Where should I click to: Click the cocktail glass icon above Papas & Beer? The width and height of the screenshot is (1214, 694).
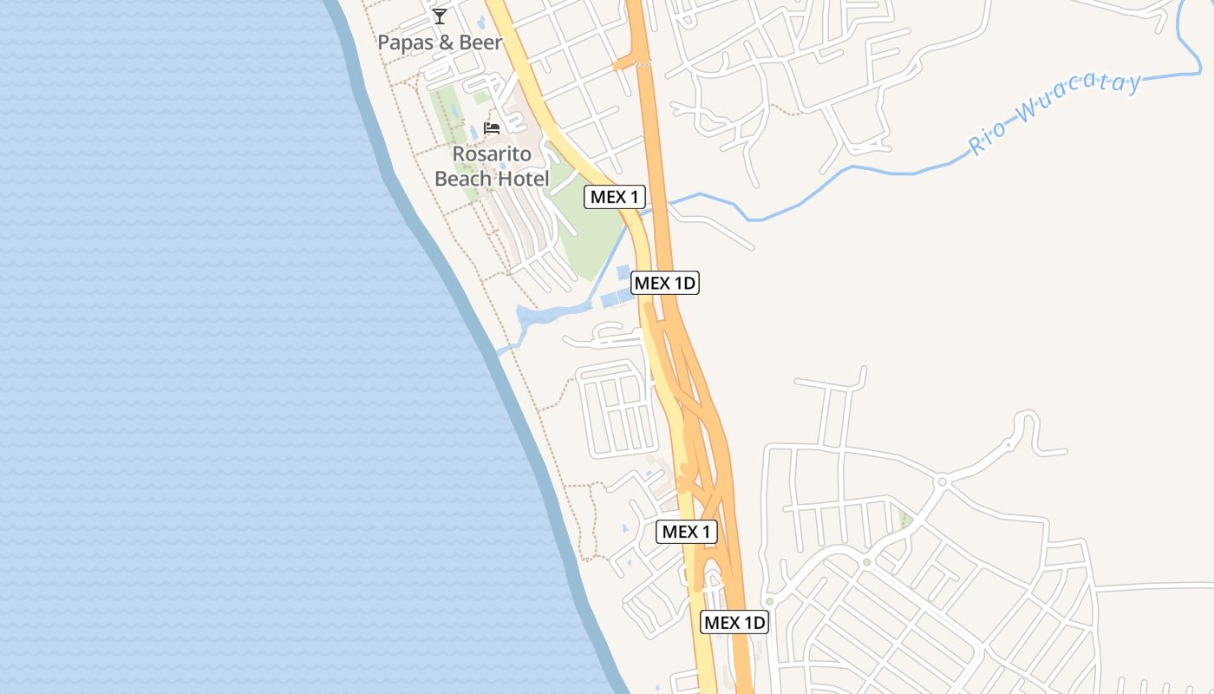pos(440,16)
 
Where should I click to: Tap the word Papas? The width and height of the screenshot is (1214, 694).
pos(404,42)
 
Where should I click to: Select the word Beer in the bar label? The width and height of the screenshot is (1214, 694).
pos(480,42)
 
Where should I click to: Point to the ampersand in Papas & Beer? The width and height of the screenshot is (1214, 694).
pos(444,42)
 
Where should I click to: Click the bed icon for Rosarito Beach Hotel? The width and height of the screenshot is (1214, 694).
pos(492,128)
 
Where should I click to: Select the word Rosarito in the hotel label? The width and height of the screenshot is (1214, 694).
pos(492,154)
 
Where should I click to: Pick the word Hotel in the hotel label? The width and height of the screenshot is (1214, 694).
pos(523,180)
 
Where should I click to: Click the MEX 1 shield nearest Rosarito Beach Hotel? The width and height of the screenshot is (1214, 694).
pos(615,197)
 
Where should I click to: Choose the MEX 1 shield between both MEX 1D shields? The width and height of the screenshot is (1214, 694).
pos(687,532)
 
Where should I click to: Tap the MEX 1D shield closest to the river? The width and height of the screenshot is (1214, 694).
pos(665,283)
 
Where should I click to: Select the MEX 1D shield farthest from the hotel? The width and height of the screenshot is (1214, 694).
pos(734,622)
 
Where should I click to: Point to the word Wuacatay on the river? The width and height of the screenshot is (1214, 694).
pos(1080,97)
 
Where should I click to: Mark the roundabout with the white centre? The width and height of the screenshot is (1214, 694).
pos(942,481)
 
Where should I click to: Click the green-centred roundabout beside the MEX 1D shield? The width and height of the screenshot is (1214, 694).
pos(769,601)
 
